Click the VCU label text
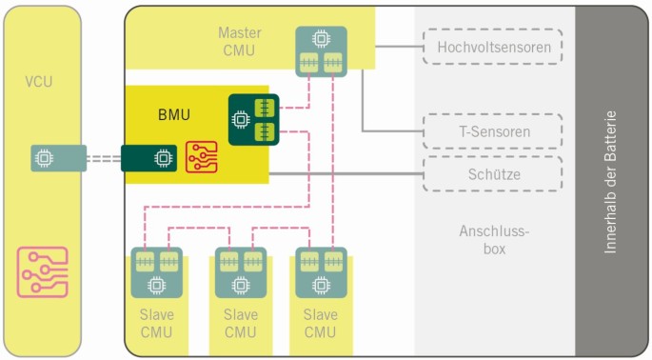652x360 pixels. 38,82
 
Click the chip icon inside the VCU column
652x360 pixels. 44,156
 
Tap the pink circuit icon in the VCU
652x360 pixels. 44,270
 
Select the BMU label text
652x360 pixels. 174,115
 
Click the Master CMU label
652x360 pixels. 238,42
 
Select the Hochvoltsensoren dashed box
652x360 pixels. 492,46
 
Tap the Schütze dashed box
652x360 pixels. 492,174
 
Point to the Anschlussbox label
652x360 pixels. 493,239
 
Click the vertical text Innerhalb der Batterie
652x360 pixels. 611,181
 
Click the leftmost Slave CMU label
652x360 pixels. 156,323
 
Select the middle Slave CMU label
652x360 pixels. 240,323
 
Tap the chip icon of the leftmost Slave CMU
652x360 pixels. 156,283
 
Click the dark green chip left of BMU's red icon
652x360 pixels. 164,156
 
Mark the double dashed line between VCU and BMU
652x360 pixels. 104,156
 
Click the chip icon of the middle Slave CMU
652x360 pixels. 240,283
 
